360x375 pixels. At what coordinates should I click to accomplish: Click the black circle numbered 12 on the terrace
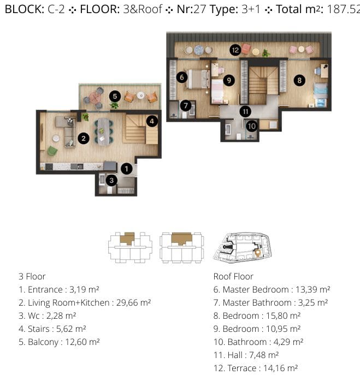click(x=235, y=50)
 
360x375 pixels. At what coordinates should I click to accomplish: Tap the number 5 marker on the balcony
click(x=115, y=96)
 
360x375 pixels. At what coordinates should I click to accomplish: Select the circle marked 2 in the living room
click(x=84, y=139)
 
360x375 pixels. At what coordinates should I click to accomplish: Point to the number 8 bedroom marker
click(x=299, y=80)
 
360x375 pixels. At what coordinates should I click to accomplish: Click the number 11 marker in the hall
click(x=245, y=111)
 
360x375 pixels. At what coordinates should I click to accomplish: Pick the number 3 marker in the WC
click(x=111, y=180)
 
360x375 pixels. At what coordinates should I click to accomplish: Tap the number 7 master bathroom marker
click(x=186, y=105)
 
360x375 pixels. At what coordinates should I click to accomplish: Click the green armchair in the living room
click(x=52, y=151)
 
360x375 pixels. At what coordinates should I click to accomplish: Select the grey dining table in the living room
click(x=104, y=132)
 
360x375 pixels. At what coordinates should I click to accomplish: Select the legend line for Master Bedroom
click(x=272, y=289)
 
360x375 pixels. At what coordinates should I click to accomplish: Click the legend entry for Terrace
click(x=256, y=368)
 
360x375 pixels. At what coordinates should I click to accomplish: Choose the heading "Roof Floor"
click(x=233, y=276)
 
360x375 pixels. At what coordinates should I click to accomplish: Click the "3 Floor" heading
click(x=32, y=276)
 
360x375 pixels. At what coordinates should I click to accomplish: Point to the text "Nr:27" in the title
click(x=191, y=9)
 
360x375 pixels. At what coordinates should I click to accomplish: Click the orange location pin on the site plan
click(x=257, y=253)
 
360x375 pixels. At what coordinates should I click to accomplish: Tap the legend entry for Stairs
click(x=52, y=329)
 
